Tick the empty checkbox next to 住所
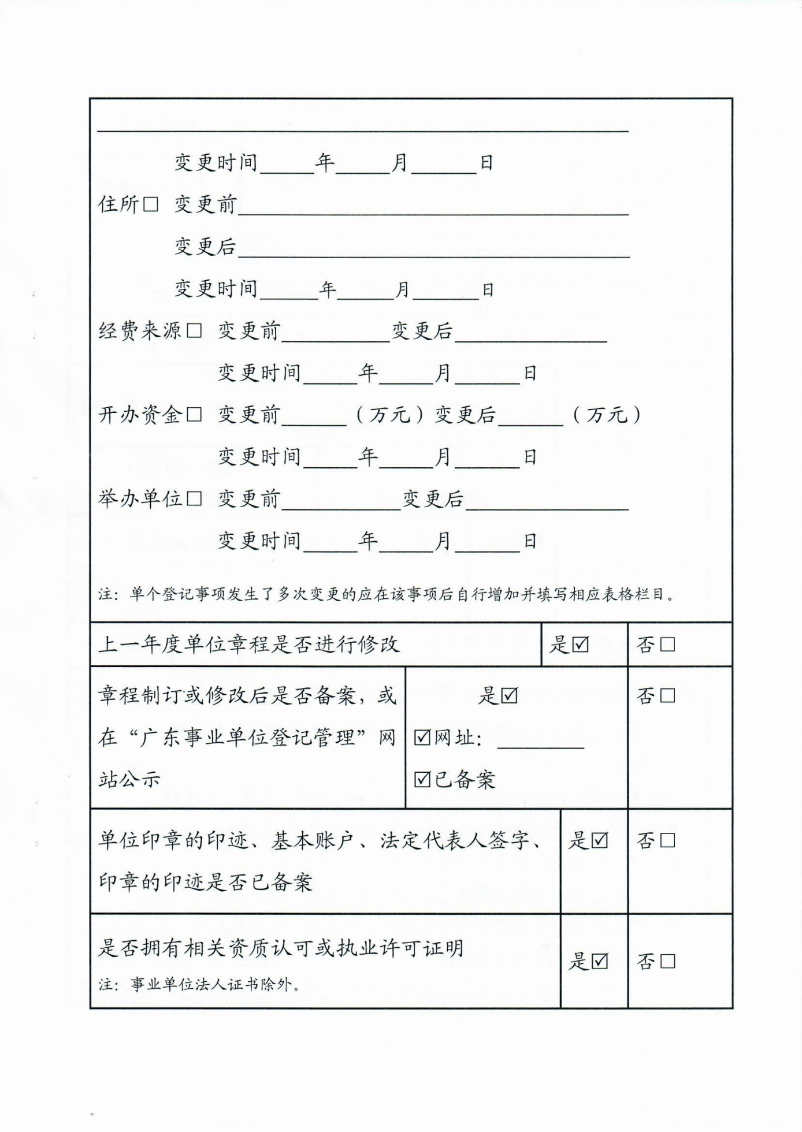[x=150, y=204]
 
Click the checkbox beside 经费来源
[x=194, y=331]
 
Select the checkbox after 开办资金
[x=194, y=415]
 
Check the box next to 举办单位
[x=194, y=498]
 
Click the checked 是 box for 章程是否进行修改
[x=581, y=645]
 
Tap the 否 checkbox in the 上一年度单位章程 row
[x=667, y=645]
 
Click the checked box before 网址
[x=423, y=738]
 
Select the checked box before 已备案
[x=423, y=780]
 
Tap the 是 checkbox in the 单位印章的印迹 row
[x=600, y=840]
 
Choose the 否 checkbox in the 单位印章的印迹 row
[x=667, y=840]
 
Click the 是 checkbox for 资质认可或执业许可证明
[x=600, y=962]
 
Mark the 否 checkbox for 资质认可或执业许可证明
[x=667, y=962]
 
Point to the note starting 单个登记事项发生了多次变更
[x=402, y=594]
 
